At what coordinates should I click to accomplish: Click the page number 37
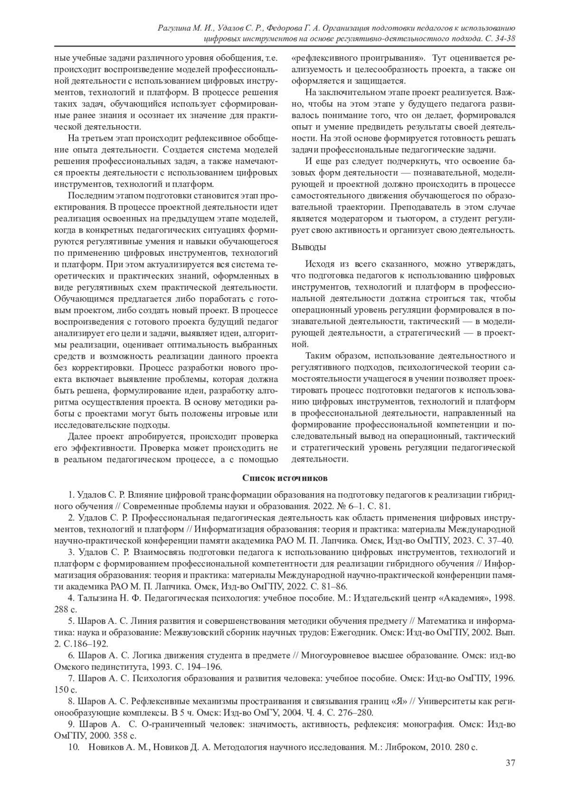pyautogui.click(x=511, y=776)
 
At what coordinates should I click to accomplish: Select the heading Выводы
pyautogui.click(x=308, y=247)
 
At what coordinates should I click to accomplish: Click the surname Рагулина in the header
pyautogui.click(x=174, y=28)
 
